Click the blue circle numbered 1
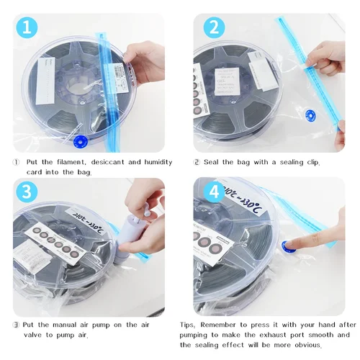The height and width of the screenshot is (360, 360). coord(26,27)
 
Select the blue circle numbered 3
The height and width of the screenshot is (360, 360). coord(26,193)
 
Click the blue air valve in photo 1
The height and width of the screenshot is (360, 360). coord(81,140)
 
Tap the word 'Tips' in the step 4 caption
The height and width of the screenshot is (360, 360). coord(189,325)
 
